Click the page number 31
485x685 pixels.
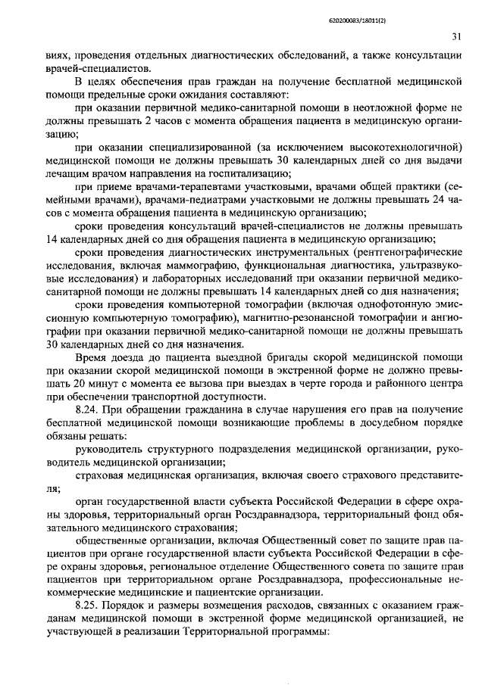pyautogui.click(x=455, y=36)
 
